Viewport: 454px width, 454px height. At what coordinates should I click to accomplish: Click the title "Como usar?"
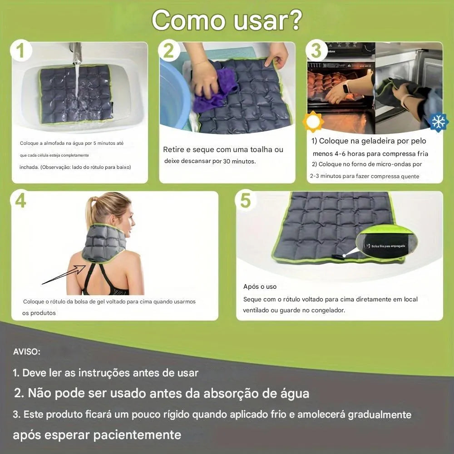226,20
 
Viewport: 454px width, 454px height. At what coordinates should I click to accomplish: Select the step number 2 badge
168,51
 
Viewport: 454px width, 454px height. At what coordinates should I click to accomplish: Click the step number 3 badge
316,50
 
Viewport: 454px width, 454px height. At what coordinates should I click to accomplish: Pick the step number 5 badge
245,200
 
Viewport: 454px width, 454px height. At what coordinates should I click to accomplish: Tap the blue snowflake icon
438,122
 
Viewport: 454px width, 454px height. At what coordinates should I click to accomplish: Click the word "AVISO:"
27,352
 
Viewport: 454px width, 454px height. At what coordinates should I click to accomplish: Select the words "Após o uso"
260,286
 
